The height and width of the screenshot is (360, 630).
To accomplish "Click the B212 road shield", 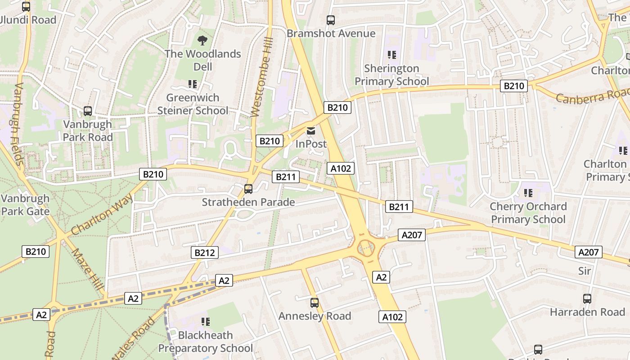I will pos(205,252).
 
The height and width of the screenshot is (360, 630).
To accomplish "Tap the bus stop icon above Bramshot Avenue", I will pos(331,20).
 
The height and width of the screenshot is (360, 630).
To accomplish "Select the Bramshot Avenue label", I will pos(331,33).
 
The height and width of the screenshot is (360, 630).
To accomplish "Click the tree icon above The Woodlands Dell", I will pos(202,40).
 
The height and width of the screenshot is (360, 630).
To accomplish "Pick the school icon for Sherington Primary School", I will pos(392,55).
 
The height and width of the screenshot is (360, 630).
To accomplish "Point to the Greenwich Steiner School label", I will pos(193,104).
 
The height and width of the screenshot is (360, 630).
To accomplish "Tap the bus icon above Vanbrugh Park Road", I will pos(88,111).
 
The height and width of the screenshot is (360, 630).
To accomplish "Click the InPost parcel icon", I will pos(311,131).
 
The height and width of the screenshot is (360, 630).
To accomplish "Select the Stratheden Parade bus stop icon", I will pos(248,189).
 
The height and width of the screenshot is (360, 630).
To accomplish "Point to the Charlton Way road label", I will pos(102,214).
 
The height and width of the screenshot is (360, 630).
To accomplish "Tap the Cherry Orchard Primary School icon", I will pos(528,193).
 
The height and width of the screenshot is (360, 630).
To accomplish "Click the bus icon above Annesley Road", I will pos(315,303).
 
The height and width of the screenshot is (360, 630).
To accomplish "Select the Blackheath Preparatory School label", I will pos(205,342).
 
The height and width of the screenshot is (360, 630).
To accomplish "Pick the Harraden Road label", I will pos(587,312).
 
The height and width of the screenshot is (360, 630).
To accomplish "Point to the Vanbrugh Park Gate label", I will pos(25,205).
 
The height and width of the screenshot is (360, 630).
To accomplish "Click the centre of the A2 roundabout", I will pos(366,247).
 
